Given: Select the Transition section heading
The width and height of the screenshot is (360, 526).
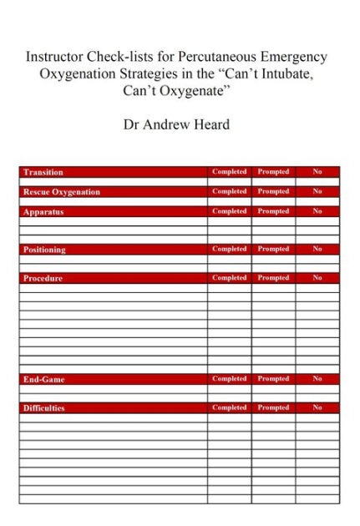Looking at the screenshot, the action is (x=43, y=172).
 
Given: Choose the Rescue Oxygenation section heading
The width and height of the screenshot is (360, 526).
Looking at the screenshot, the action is (x=62, y=192).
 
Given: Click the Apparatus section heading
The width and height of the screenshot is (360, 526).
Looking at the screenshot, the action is (x=43, y=212).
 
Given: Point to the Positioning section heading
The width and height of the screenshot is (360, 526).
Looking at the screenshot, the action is (x=45, y=250).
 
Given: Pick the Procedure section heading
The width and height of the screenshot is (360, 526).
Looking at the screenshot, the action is (x=43, y=278).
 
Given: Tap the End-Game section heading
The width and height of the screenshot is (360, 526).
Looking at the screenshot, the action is (x=44, y=379).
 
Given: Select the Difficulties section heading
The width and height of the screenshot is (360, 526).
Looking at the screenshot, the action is (x=44, y=408).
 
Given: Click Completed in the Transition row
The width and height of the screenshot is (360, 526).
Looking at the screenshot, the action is (x=229, y=172).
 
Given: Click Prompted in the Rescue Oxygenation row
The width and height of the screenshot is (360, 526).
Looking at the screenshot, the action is (x=273, y=192).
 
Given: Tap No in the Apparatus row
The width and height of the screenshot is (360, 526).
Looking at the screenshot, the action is (x=317, y=212).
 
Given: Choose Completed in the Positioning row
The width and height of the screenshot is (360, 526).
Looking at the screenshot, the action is (x=229, y=249).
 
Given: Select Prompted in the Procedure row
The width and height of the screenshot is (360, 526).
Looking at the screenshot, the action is (x=273, y=278).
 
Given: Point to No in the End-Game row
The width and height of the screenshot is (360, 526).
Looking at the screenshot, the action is (x=317, y=379).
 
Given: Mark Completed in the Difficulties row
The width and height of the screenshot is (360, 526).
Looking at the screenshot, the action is (x=229, y=408).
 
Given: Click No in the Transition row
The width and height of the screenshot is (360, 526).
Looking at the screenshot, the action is (x=317, y=172).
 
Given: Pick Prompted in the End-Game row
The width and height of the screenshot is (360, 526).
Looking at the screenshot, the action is (x=273, y=379).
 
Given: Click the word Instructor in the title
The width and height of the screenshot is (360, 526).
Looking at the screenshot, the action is (x=56, y=58).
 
